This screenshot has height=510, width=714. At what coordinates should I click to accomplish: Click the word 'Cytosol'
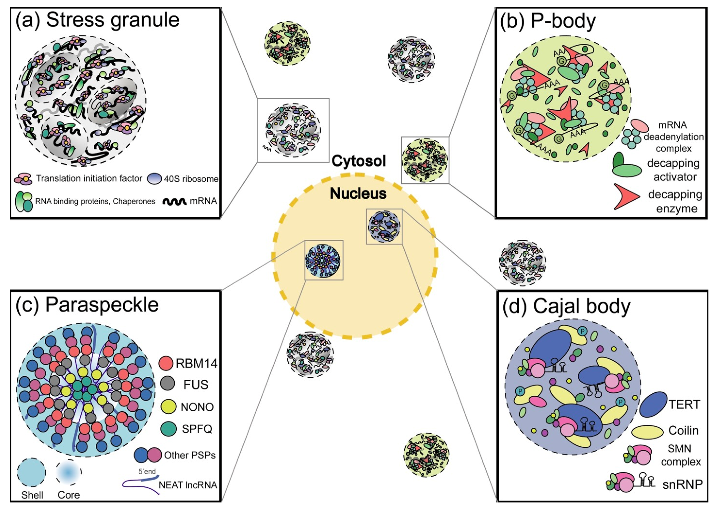pyautogui.click(x=358, y=161)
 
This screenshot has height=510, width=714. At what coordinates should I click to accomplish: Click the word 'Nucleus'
pyautogui.click(x=358, y=194)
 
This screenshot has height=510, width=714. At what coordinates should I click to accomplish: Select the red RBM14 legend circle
pyautogui.click(x=166, y=363)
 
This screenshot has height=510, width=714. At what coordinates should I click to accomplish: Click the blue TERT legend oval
pyautogui.click(x=653, y=404)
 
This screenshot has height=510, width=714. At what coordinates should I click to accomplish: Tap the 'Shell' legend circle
pyautogui.click(x=31, y=472)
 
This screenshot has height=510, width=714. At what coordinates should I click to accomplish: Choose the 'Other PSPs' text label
pyautogui.click(x=190, y=455)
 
